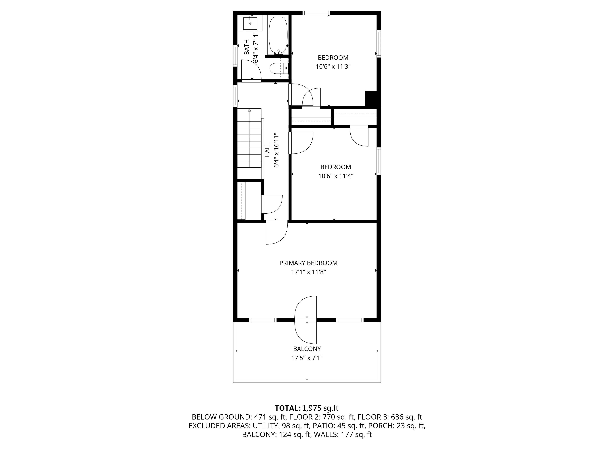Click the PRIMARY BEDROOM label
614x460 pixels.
[x=308, y=263]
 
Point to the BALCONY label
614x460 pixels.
[x=307, y=349]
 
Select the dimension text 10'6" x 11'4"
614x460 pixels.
[x=336, y=176]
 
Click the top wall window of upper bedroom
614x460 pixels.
[x=316, y=13]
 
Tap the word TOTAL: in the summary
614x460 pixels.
[x=287, y=408]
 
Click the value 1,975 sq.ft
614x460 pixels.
[x=320, y=408]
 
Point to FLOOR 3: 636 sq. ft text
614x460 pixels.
[x=390, y=417]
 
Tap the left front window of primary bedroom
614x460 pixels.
[x=263, y=320]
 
